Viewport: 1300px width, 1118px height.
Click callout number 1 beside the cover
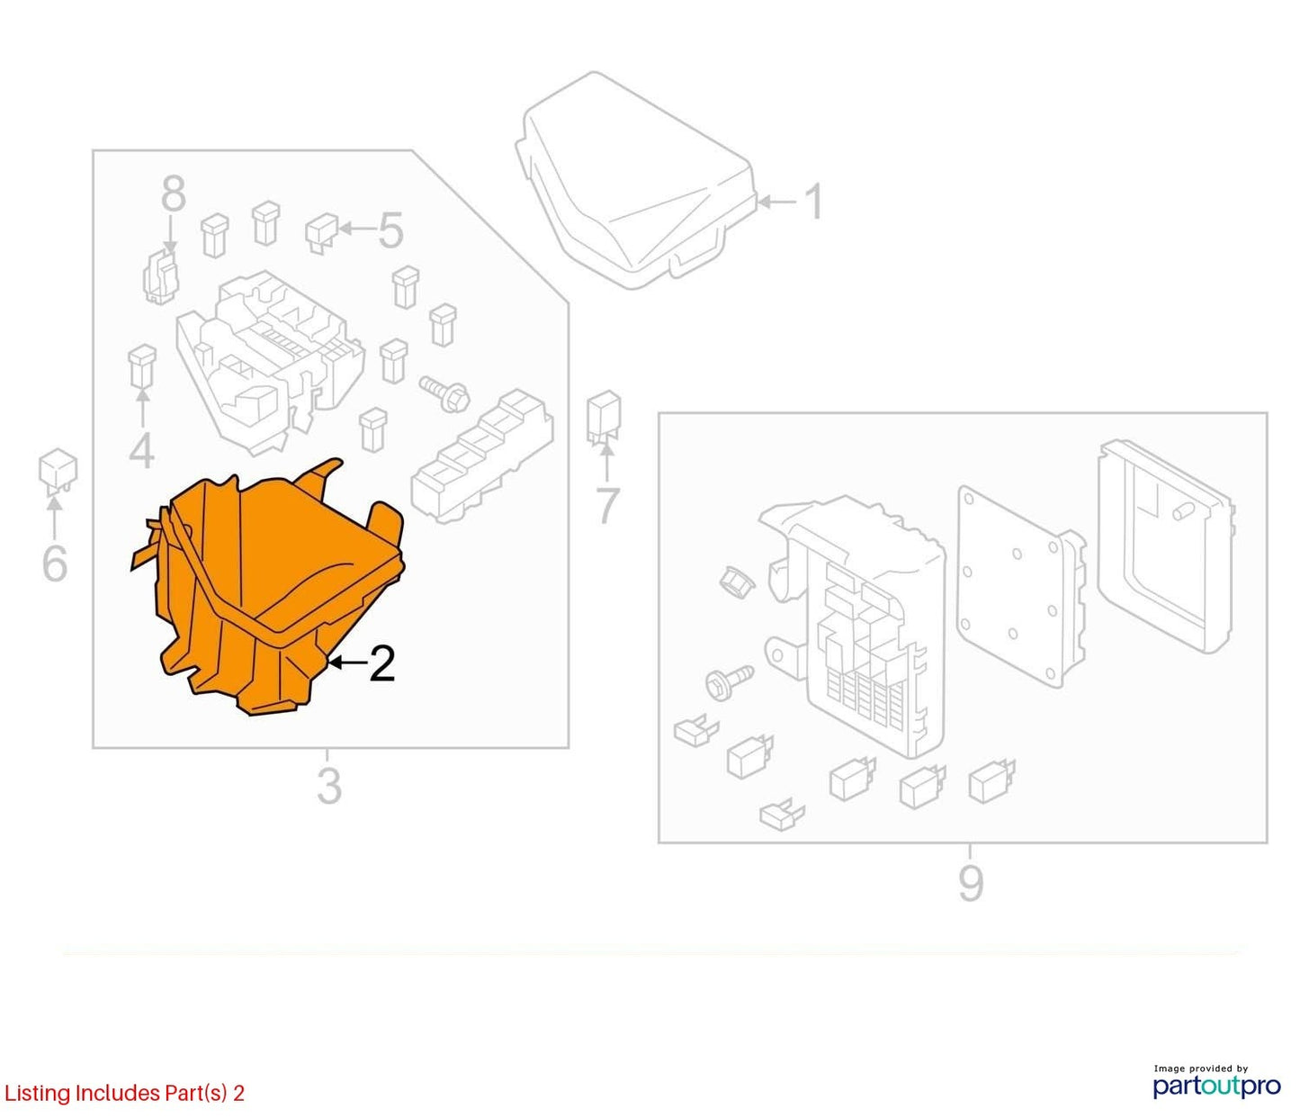pos(814,202)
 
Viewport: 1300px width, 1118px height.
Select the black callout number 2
pos(382,664)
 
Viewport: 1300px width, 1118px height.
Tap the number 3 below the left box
pos(329,786)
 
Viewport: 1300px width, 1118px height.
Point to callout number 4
pos(141,450)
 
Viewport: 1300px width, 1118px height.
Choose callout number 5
pos(390,230)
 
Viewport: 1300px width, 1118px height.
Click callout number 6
pos(55,563)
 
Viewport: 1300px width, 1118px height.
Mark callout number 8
pos(174,194)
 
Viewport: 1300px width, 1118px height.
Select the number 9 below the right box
pos(971,883)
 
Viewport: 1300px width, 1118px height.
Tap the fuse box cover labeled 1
pos(635,179)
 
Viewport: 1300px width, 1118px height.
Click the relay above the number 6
pos(58,470)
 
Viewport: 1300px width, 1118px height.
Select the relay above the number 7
pos(604,415)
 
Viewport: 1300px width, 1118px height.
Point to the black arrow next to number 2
pos(346,663)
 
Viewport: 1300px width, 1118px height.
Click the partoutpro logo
pos(1216,1085)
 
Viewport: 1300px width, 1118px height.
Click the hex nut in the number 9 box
pos(737,580)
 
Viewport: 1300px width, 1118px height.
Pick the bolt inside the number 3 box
pos(444,392)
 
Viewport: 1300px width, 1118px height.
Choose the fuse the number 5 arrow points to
pos(321,233)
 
